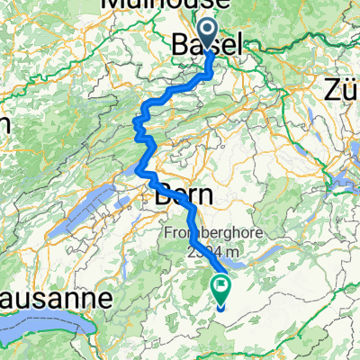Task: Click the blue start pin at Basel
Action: pyautogui.click(x=209, y=34)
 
